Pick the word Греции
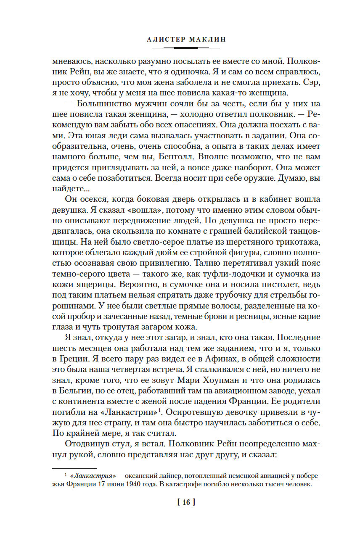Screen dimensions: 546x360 pyautogui.click(x=76, y=359)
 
